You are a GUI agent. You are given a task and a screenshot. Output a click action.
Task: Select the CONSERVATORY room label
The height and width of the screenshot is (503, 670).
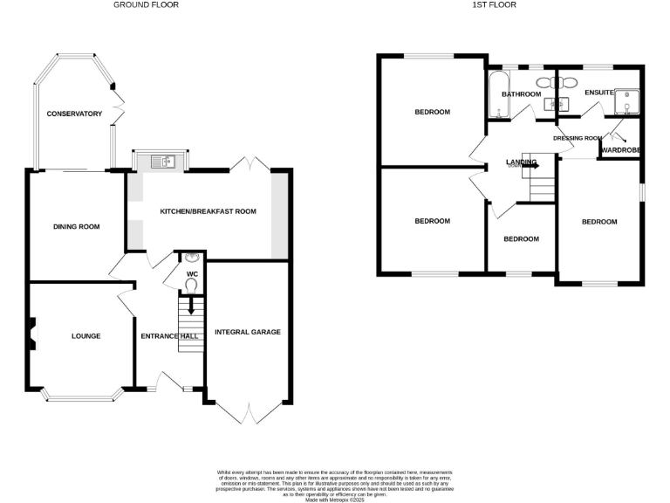click(x=74, y=114)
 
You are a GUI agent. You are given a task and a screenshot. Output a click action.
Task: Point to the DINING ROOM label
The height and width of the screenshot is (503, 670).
click(x=76, y=227)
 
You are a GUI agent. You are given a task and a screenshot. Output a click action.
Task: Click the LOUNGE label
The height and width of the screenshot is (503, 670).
click(x=85, y=336)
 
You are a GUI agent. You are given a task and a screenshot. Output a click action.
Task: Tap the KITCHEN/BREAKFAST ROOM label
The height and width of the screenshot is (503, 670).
click(x=208, y=211)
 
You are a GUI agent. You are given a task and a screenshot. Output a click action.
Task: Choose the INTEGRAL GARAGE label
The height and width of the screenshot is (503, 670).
click(x=249, y=332)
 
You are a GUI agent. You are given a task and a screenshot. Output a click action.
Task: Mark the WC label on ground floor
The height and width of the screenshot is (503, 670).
click(x=193, y=273)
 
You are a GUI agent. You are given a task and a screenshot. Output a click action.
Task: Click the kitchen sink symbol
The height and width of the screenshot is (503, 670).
click(x=163, y=161)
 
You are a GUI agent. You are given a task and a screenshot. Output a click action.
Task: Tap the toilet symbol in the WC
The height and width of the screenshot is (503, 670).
click(x=191, y=284)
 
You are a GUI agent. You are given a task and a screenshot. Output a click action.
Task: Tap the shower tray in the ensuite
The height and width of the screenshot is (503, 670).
click(x=627, y=101)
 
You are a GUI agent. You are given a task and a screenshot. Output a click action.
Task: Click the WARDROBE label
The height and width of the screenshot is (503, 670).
click(x=621, y=149)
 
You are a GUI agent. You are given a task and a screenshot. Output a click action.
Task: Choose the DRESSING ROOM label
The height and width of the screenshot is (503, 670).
click(x=578, y=138)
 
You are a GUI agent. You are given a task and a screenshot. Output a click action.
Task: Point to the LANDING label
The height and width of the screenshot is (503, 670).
click(x=520, y=162)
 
